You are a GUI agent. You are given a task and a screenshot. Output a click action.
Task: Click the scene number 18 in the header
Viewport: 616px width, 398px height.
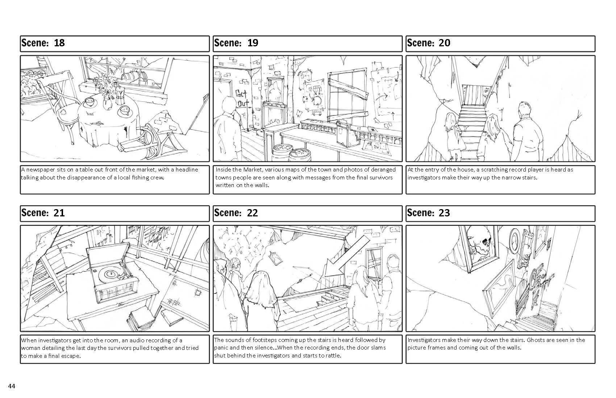59,43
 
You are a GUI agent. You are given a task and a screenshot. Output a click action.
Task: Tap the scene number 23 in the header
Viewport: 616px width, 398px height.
444,213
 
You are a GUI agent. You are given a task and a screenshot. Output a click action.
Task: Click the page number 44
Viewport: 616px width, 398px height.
11,386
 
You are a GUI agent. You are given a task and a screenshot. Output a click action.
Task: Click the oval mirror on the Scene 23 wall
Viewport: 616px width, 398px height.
515,239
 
